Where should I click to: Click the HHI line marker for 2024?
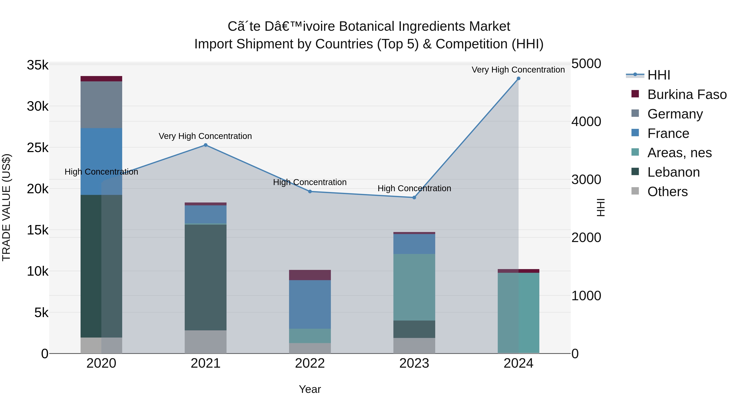pyautogui.click(x=518, y=78)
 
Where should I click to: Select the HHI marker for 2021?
pyautogui.click(x=205, y=145)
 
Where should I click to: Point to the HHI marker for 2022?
pyautogui.click(x=310, y=191)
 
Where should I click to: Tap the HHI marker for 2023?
pyautogui.click(x=414, y=197)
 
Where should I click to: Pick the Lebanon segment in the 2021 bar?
pyautogui.click(x=205, y=277)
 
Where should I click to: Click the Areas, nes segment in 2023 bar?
pyautogui.click(x=414, y=287)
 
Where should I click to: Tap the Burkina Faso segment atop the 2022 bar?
pyautogui.click(x=310, y=275)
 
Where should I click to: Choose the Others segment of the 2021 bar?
pyautogui.click(x=205, y=342)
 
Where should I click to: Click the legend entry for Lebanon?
pyautogui.click(x=673, y=172)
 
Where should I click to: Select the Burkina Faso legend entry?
pyautogui.click(x=687, y=94)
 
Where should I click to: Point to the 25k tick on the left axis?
pyautogui.click(x=38, y=148)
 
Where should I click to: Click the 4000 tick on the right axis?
pyautogui.click(x=586, y=122)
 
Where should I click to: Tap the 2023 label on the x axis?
pyautogui.click(x=414, y=363)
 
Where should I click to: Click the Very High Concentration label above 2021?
pyautogui.click(x=205, y=136)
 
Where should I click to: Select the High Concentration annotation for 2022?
pyautogui.click(x=310, y=182)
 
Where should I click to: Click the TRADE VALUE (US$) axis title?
pyautogui.click(x=6, y=207)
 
